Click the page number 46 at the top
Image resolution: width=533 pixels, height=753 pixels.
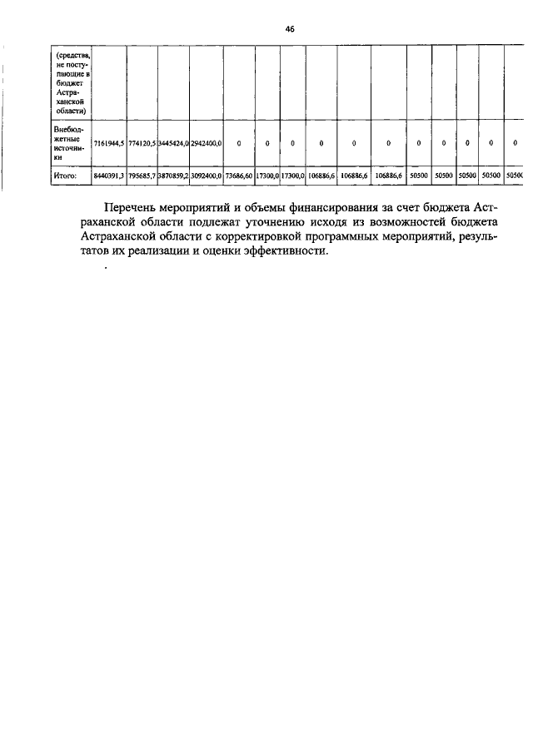click(x=290, y=28)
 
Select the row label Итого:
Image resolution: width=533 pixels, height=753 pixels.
click(x=66, y=176)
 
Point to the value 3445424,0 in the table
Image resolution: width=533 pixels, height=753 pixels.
click(x=173, y=143)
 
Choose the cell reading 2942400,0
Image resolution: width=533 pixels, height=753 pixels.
click(x=206, y=143)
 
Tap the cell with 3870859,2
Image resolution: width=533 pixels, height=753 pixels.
click(x=173, y=176)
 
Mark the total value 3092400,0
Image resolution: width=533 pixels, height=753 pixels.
click(x=206, y=176)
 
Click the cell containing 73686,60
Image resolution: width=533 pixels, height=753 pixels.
click(x=238, y=176)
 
